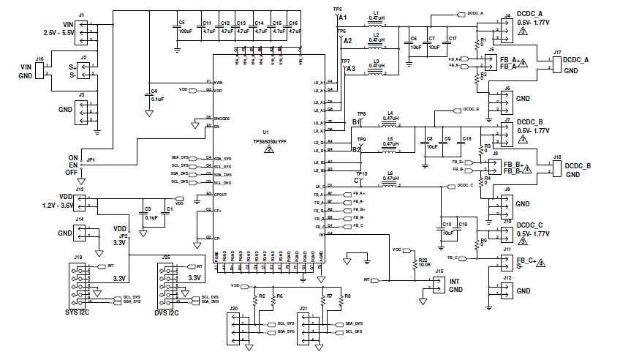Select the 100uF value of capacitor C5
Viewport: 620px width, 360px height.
[x=185, y=31]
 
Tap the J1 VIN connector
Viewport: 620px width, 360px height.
[x=83, y=27]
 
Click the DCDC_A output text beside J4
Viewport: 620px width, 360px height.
[x=529, y=14]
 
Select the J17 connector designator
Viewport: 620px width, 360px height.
[x=557, y=53]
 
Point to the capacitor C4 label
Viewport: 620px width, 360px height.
[x=153, y=91]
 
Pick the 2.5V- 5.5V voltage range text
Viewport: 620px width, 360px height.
[x=59, y=34]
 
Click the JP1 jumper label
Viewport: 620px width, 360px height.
[x=91, y=159]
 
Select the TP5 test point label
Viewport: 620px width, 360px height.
[x=336, y=9]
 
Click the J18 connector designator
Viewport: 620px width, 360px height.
[x=557, y=157]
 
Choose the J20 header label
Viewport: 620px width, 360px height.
[x=233, y=309]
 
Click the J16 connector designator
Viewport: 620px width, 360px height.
[x=39, y=58]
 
